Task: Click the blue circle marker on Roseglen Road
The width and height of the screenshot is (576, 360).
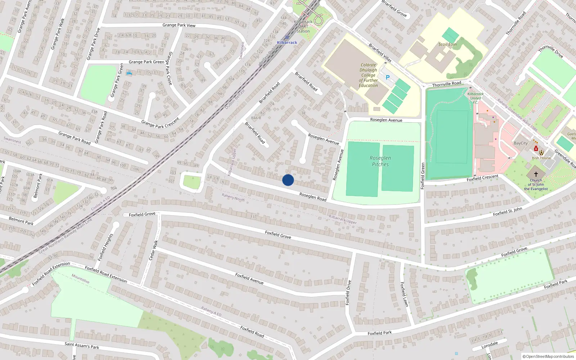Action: (288, 180)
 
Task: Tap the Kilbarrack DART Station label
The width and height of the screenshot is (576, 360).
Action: (303, 26)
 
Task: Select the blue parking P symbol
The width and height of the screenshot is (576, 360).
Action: (388, 77)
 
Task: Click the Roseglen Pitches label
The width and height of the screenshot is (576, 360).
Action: (380, 161)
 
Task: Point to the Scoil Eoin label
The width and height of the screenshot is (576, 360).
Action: (447, 45)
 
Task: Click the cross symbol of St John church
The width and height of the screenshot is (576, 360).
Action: (536, 174)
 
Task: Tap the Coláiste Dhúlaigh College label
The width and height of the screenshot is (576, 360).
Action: (368, 75)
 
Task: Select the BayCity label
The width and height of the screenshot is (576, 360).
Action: (521, 143)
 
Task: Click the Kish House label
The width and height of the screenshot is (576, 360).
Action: (541, 158)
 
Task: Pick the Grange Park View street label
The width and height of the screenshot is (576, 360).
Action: (179, 25)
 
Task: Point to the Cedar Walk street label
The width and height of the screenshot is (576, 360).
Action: (153, 250)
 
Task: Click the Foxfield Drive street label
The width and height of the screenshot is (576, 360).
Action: (348, 292)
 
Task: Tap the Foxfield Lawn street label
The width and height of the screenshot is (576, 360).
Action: (404, 294)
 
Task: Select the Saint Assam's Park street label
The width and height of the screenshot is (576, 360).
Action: (82, 346)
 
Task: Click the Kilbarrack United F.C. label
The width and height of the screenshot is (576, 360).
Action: (475, 98)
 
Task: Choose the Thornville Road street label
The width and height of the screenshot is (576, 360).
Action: (446, 84)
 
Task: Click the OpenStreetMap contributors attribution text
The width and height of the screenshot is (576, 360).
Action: (548, 356)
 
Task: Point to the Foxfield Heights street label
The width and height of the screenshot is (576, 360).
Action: (105, 247)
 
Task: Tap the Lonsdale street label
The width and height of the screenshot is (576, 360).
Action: (490, 345)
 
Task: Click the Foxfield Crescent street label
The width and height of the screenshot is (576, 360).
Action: (482, 178)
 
